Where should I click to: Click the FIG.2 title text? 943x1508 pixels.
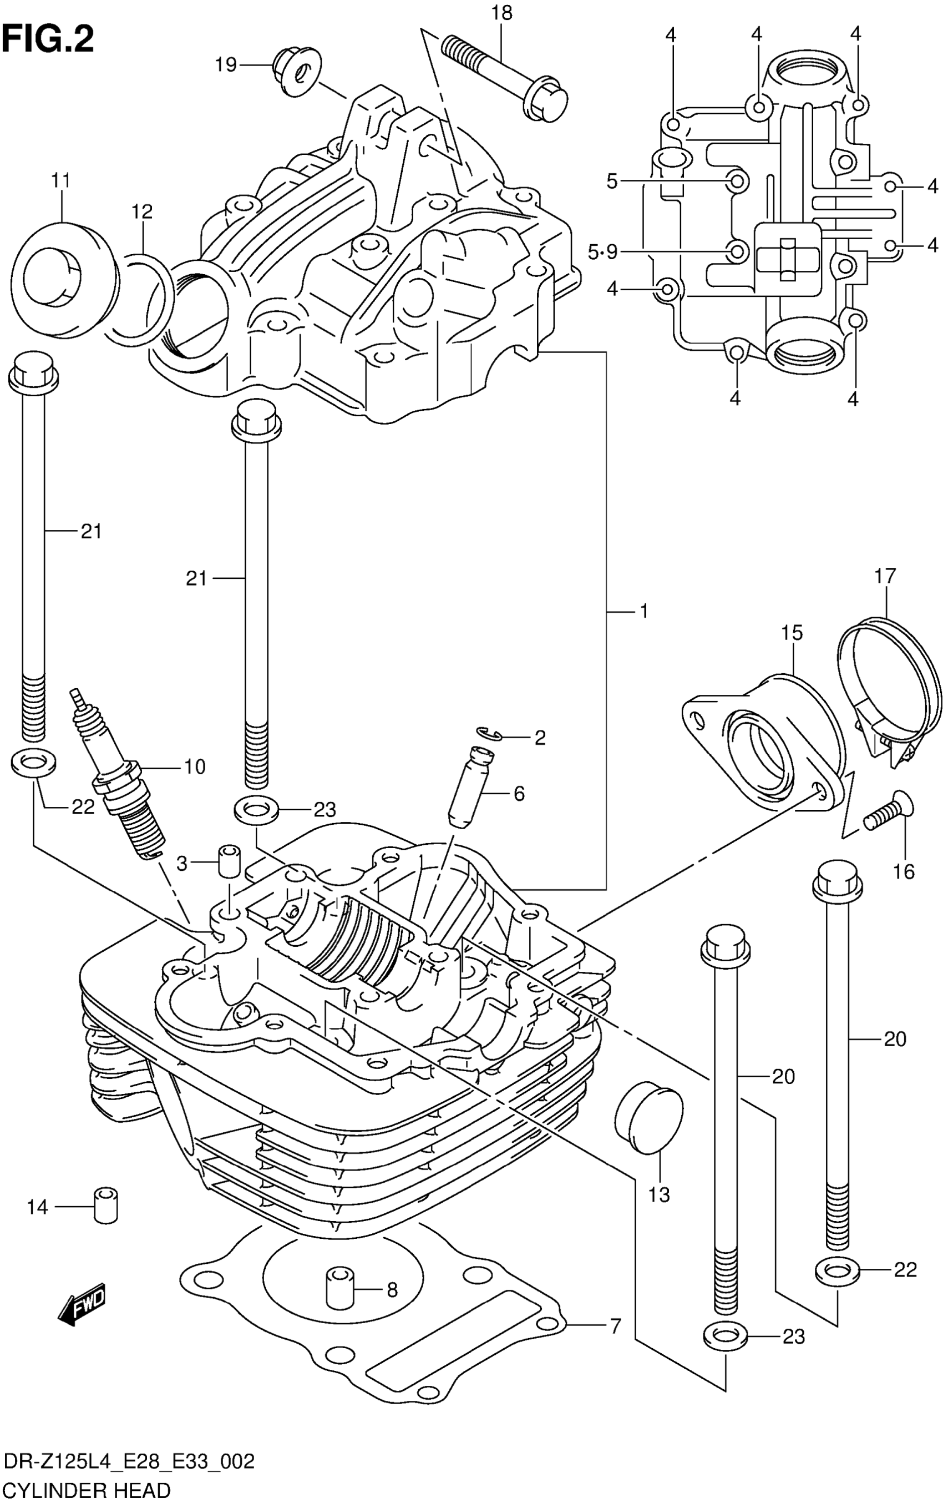pos(48,41)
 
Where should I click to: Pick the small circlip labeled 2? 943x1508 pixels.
pos(490,734)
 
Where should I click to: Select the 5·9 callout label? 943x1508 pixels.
pos(602,252)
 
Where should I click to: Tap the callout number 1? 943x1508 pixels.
pos(643,611)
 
